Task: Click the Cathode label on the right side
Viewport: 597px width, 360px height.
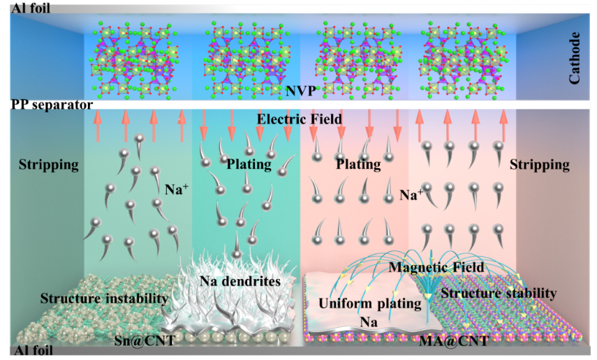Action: [574, 57]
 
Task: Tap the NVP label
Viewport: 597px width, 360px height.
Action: [301, 91]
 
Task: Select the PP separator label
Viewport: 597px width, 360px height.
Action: [52, 104]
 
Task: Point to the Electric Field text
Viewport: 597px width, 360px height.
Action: [300, 119]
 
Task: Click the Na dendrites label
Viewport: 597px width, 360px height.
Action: [240, 281]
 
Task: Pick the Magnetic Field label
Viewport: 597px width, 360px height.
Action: [436, 267]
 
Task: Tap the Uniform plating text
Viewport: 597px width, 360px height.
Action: [370, 303]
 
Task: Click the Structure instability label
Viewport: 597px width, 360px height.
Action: [104, 299]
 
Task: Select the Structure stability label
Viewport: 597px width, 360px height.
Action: [499, 293]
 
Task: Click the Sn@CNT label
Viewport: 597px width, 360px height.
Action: [145, 340]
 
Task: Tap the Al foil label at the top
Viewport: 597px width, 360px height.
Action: [31, 8]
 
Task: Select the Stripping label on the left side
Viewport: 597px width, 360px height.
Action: [49, 165]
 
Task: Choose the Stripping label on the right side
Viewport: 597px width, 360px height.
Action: [540, 165]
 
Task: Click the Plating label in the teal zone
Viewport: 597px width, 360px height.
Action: [249, 165]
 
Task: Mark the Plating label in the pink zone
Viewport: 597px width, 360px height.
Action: [358, 165]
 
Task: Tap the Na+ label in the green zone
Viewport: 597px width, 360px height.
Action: [177, 189]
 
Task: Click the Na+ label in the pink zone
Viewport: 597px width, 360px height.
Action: [411, 195]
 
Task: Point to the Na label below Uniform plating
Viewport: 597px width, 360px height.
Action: [369, 322]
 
